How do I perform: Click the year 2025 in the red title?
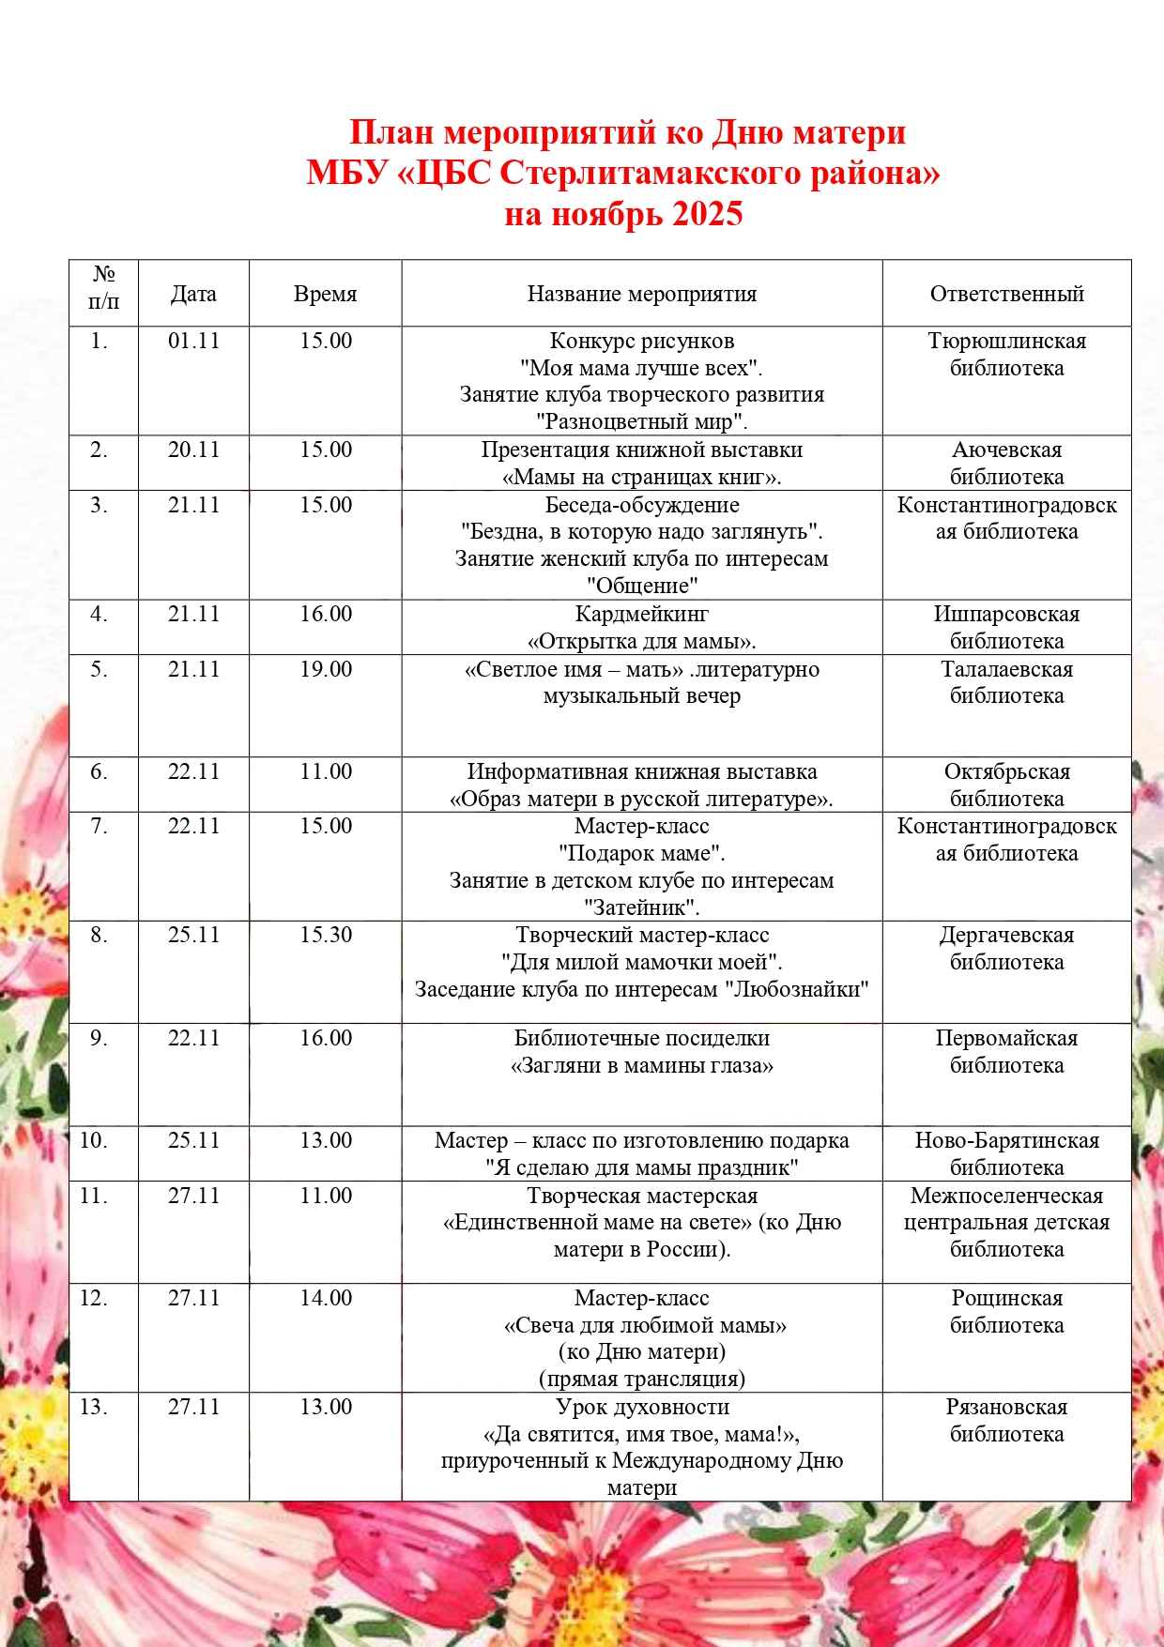(x=708, y=214)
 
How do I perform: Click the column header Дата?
(x=193, y=294)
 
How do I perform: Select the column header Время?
(x=325, y=294)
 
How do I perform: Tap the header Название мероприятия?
(x=642, y=294)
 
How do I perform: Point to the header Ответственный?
(x=1006, y=294)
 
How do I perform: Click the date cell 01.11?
(x=193, y=341)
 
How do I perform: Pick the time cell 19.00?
(x=326, y=669)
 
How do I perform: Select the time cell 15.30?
(x=326, y=935)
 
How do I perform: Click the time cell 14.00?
(x=326, y=1298)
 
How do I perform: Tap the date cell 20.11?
(x=193, y=450)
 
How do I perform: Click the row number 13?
(x=93, y=1407)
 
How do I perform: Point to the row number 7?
(x=99, y=826)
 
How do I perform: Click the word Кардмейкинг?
(x=642, y=614)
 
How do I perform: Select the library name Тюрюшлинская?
(x=1006, y=341)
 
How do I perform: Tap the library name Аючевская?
(x=1006, y=450)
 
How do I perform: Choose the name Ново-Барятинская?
(x=1006, y=1140)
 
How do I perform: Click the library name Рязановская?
(x=1006, y=1407)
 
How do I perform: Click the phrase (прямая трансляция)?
(x=642, y=1379)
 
